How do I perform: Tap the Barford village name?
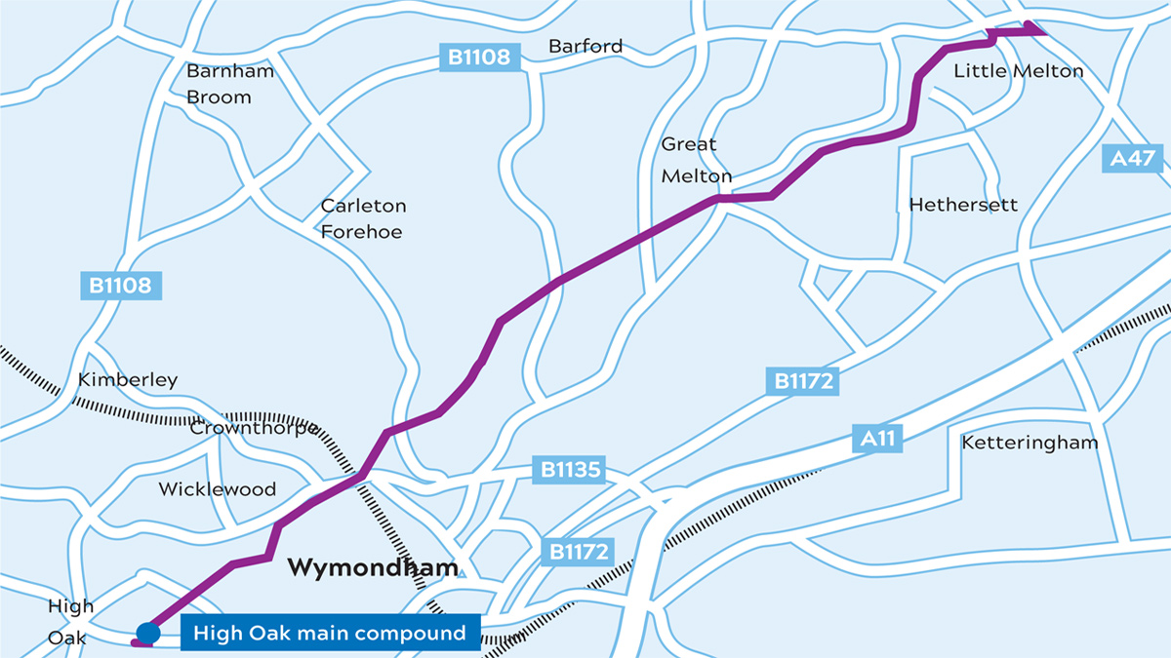click(x=585, y=46)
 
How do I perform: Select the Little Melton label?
click(x=1018, y=71)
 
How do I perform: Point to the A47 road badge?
click(x=1132, y=158)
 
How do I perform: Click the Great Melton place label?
click(x=696, y=160)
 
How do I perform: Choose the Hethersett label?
click(x=962, y=205)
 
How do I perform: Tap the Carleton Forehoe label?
click(x=363, y=218)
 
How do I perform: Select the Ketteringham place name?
click(x=1029, y=443)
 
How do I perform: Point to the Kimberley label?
click(x=128, y=379)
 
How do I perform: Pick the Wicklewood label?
click(x=218, y=489)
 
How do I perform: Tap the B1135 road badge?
click(x=570, y=470)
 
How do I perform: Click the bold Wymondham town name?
click(x=373, y=567)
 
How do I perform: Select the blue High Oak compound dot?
click(x=148, y=634)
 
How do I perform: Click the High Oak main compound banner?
click(x=330, y=634)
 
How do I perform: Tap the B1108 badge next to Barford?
click(x=479, y=58)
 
